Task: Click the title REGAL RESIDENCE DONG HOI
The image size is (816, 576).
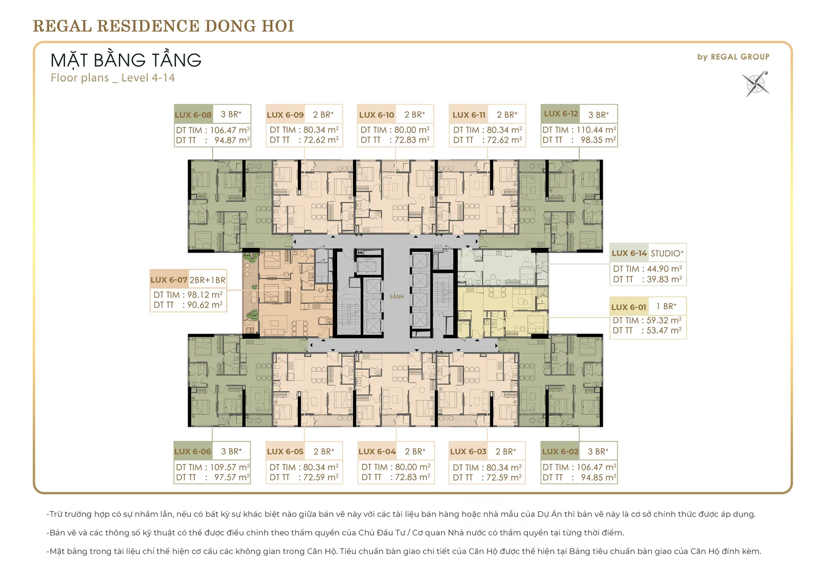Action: coord(164,26)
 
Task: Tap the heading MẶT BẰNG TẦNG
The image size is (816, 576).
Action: coord(125,60)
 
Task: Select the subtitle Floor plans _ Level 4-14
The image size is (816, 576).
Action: coord(113,78)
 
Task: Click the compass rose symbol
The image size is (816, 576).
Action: coord(755,84)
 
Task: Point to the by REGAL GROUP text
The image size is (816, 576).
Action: coord(733,57)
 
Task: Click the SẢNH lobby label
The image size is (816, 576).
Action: coord(397,296)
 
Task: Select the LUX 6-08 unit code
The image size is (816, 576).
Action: coord(193,115)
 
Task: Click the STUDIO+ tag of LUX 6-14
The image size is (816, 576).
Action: coord(667,254)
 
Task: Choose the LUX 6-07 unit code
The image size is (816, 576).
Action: coord(169,280)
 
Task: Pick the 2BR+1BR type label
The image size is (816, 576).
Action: coord(207,280)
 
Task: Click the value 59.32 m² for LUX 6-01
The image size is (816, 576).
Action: coord(664,320)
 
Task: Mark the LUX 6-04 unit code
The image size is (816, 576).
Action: coord(377,452)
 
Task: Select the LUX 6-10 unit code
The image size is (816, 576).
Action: coord(377,115)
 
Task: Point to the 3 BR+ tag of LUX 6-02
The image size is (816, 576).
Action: coord(598,452)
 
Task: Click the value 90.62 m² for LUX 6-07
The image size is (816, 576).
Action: coord(205,305)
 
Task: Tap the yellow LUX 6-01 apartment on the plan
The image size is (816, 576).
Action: coord(503,312)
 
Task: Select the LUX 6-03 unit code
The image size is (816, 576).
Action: coord(469,452)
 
